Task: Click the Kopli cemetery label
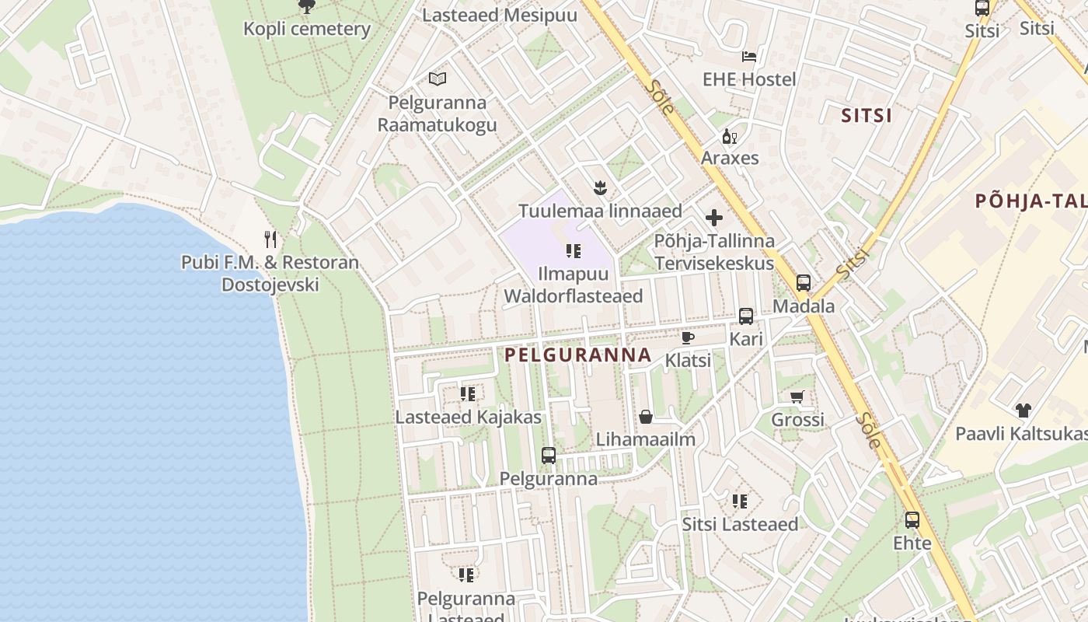pyautogui.click(x=307, y=30)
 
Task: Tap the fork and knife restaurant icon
pyautogui.click(x=270, y=239)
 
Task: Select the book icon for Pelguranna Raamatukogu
pyautogui.click(x=438, y=79)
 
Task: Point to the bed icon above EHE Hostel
pyautogui.click(x=749, y=56)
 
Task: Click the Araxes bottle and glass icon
pyautogui.click(x=730, y=137)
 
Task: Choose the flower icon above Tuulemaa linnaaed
pyautogui.click(x=600, y=187)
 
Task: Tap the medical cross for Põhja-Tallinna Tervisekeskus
pyautogui.click(x=714, y=218)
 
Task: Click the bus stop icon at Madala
pyautogui.click(x=804, y=283)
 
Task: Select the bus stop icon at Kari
pyautogui.click(x=746, y=316)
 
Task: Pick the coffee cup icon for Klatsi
pyautogui.click(x=687, y=337)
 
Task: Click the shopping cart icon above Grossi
pyautogui.click(x=797, y=397)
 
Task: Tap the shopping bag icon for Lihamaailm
pyautogui.click(x=646, y=418)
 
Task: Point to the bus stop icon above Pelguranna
pyautogui.click(x=549, y=456)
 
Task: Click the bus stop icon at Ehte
pyautogui.click(x=912, y=520)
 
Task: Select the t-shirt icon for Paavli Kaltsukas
pyautogui.click(x=1023, y=411)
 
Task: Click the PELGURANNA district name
pyautogui.click(x=578, y=355)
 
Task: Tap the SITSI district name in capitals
pyautogui.click(x=867, y=116)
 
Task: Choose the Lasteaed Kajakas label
pyautogui.click(x=468, y=418)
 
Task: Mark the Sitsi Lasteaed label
pyautogui.click(x=740, y=524)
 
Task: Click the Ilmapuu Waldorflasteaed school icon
pyautogui.click(x=574, y=251)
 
